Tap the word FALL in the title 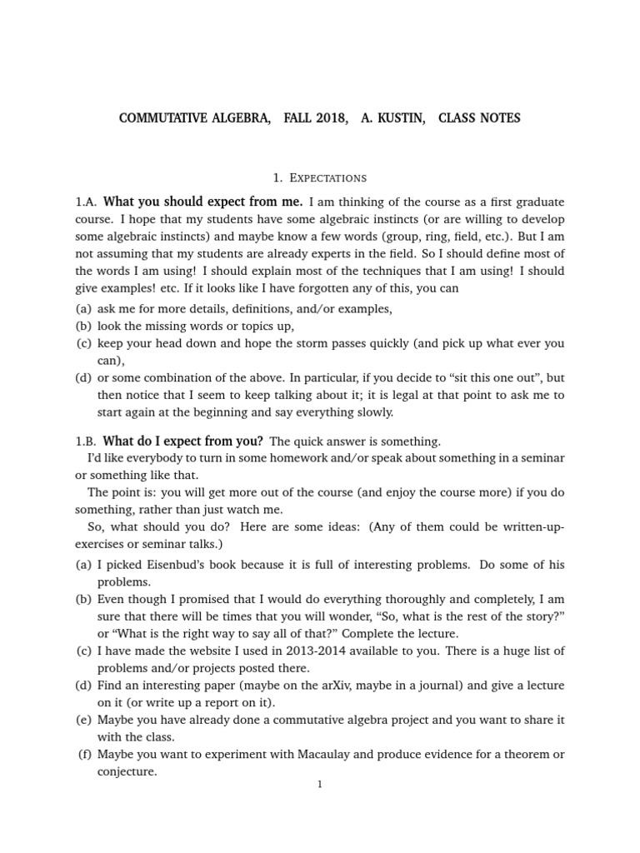click(x=286, y=118)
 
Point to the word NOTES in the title click(x=501, y=118)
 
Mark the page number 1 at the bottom click(x=319, y=784)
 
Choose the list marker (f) click(x=83, y=755)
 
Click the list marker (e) click(x=83, y=720)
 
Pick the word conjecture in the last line click(x=127, y=772)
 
